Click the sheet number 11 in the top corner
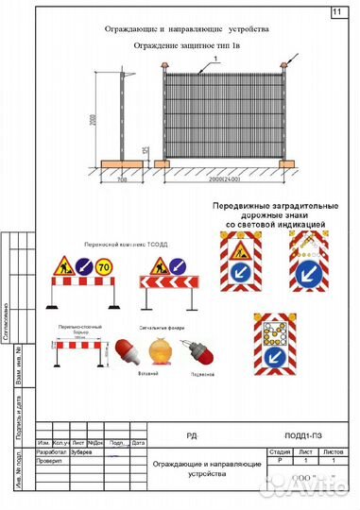click(337, 12)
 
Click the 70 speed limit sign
click(104, 267)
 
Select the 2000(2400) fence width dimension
click(224, 179)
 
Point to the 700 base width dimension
click(124, 179)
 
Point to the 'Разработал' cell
click(47, 451)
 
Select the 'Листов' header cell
click(333, 451)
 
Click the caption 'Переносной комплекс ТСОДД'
click(106, 242)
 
